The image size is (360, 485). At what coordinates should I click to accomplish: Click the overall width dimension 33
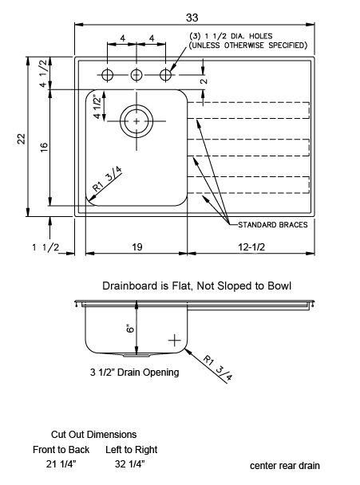tap(192, 18)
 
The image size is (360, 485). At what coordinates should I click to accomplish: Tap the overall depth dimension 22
tap(21, 139)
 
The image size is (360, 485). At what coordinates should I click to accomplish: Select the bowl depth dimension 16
tap(44, 147)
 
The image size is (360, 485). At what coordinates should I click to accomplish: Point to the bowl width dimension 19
tap(136, 246)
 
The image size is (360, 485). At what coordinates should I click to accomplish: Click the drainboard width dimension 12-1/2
tap(251, 246)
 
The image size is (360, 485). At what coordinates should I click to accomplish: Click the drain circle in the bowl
tap(136, 104)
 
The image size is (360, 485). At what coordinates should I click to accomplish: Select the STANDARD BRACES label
tap(273, 225)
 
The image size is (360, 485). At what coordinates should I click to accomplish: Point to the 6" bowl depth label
tap(131, 328)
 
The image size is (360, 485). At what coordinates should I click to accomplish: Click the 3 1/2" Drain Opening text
tap(135, 372)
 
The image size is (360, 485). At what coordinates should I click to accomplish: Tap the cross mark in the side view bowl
tap(175, 341)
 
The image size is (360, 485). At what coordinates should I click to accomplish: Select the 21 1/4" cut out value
tap(61, 464)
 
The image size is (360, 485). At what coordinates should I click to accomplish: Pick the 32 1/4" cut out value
tap(129, 464)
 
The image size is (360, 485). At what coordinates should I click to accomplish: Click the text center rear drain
tap(285, 466)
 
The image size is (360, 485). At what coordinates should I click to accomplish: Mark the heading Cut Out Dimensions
tap(94, 435)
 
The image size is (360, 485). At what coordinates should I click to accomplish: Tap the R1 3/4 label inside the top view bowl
tap(107, 179)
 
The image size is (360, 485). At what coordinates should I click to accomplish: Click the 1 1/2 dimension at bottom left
tap(45, 247)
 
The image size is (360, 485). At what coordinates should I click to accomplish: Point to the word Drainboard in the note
tap(130, 286)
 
